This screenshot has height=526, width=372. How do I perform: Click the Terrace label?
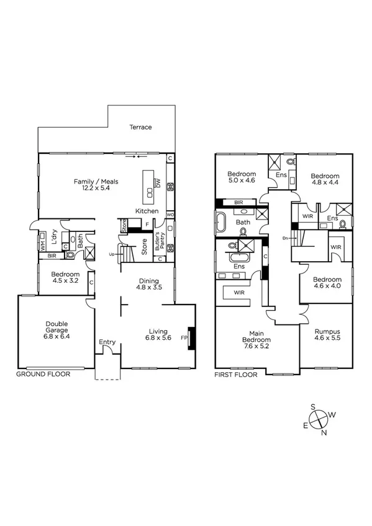pyautogui.click(x=140, y=127)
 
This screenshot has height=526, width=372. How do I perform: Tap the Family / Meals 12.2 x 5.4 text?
pyautogui.click(x=96, y=185)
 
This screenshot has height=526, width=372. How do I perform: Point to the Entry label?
pyautogui.click(x=107, y=342)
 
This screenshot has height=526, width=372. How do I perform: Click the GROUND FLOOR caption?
pyautogui.click(x=43, y=375)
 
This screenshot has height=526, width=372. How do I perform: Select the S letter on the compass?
pyautogui.click(x=313, y=407)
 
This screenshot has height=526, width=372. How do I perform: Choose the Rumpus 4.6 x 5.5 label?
pyautogui.click(x=327, y=336)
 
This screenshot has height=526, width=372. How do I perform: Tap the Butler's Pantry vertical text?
pyautogui.click(x=158, y=239)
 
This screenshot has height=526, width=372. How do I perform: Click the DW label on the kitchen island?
pyautogui.click(x=158, y=183)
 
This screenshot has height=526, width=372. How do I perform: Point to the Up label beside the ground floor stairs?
pyautogui.click(x=111, y=254)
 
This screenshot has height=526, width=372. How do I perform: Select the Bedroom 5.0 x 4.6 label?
pyautogui.click(x=242, y=177)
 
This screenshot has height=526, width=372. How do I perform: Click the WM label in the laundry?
pyautogui.click(x=43, y=245)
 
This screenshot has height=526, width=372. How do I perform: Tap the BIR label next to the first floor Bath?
pyautogui.click(x=238, y=202)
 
